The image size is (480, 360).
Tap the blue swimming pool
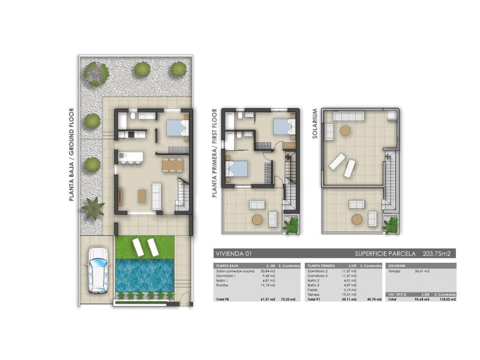tap(144, 275)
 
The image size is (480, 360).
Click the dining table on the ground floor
tap(173, 164)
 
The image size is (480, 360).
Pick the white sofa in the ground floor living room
tap(157, 195)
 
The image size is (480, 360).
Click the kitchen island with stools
tap(131, 158)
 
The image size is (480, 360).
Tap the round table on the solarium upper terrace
tap(346, 130)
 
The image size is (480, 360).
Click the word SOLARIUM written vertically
tap(315, 124)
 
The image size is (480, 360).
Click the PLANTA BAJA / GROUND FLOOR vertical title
tap(71, 154)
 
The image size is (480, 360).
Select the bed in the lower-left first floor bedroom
tap(237, 168)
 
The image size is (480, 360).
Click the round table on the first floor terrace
tap(257, 220)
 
